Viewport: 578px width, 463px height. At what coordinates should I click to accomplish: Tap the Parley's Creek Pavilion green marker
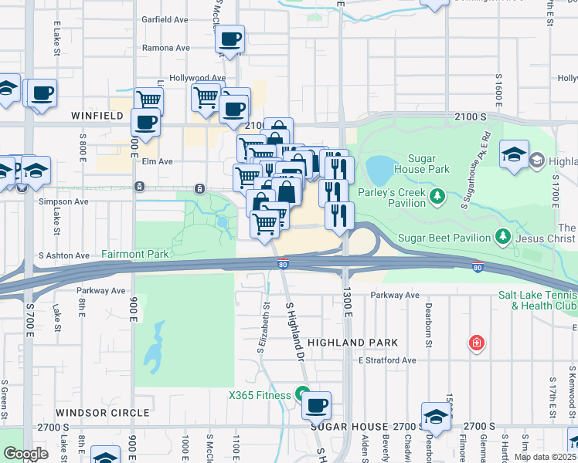[437, 195]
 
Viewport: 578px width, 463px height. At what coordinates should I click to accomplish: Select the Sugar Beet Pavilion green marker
[503, 235]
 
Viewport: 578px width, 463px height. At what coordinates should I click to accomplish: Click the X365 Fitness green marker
[302, 394]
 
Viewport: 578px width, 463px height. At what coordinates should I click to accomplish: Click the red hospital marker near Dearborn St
[477, 343]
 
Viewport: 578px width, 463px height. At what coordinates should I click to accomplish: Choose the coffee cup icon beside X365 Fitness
[315, 405]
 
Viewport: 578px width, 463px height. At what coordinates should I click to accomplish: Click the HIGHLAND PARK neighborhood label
[352, 342]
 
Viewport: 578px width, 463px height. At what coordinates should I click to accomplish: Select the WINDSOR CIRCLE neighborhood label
[102, 413]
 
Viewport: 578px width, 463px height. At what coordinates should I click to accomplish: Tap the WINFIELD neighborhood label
[97, 115]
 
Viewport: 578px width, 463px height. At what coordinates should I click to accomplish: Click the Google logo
[26, 453]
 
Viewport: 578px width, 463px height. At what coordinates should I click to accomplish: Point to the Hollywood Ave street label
[198, 78]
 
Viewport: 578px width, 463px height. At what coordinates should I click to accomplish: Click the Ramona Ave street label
[166, 48]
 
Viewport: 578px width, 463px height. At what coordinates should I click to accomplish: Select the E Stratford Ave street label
[386, 360]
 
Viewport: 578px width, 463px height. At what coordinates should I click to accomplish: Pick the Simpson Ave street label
[63, 201]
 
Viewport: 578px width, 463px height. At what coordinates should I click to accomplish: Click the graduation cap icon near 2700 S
[437, 417]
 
